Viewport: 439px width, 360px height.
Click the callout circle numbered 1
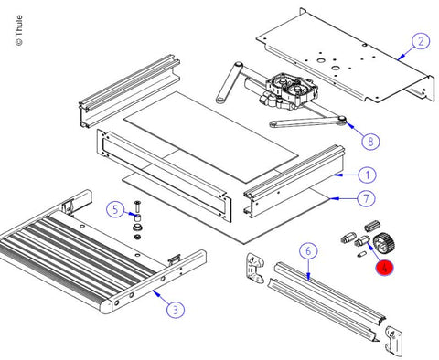click(367, 175)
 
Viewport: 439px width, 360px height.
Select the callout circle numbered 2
click(421, 41)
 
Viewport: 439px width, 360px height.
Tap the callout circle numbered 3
click(176, 310)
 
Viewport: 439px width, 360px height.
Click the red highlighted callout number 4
click(384, 268)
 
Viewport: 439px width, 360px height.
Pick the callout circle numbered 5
click(115, 209)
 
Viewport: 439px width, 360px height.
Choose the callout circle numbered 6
click(308, 251)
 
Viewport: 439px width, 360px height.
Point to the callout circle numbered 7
click(366, 198)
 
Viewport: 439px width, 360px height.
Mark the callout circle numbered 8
click(370, 142)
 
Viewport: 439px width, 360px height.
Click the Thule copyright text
click(18, 30)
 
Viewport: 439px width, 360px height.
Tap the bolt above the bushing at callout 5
click(136, 206)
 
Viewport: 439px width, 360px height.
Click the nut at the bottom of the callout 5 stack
click(137, 237)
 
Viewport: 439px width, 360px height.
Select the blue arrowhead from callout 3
click(156, 293)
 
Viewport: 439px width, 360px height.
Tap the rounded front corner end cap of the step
click(106, 306)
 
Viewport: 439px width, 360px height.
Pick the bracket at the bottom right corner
click(393, 342)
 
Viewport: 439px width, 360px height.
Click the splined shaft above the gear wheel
click(372, 227)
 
